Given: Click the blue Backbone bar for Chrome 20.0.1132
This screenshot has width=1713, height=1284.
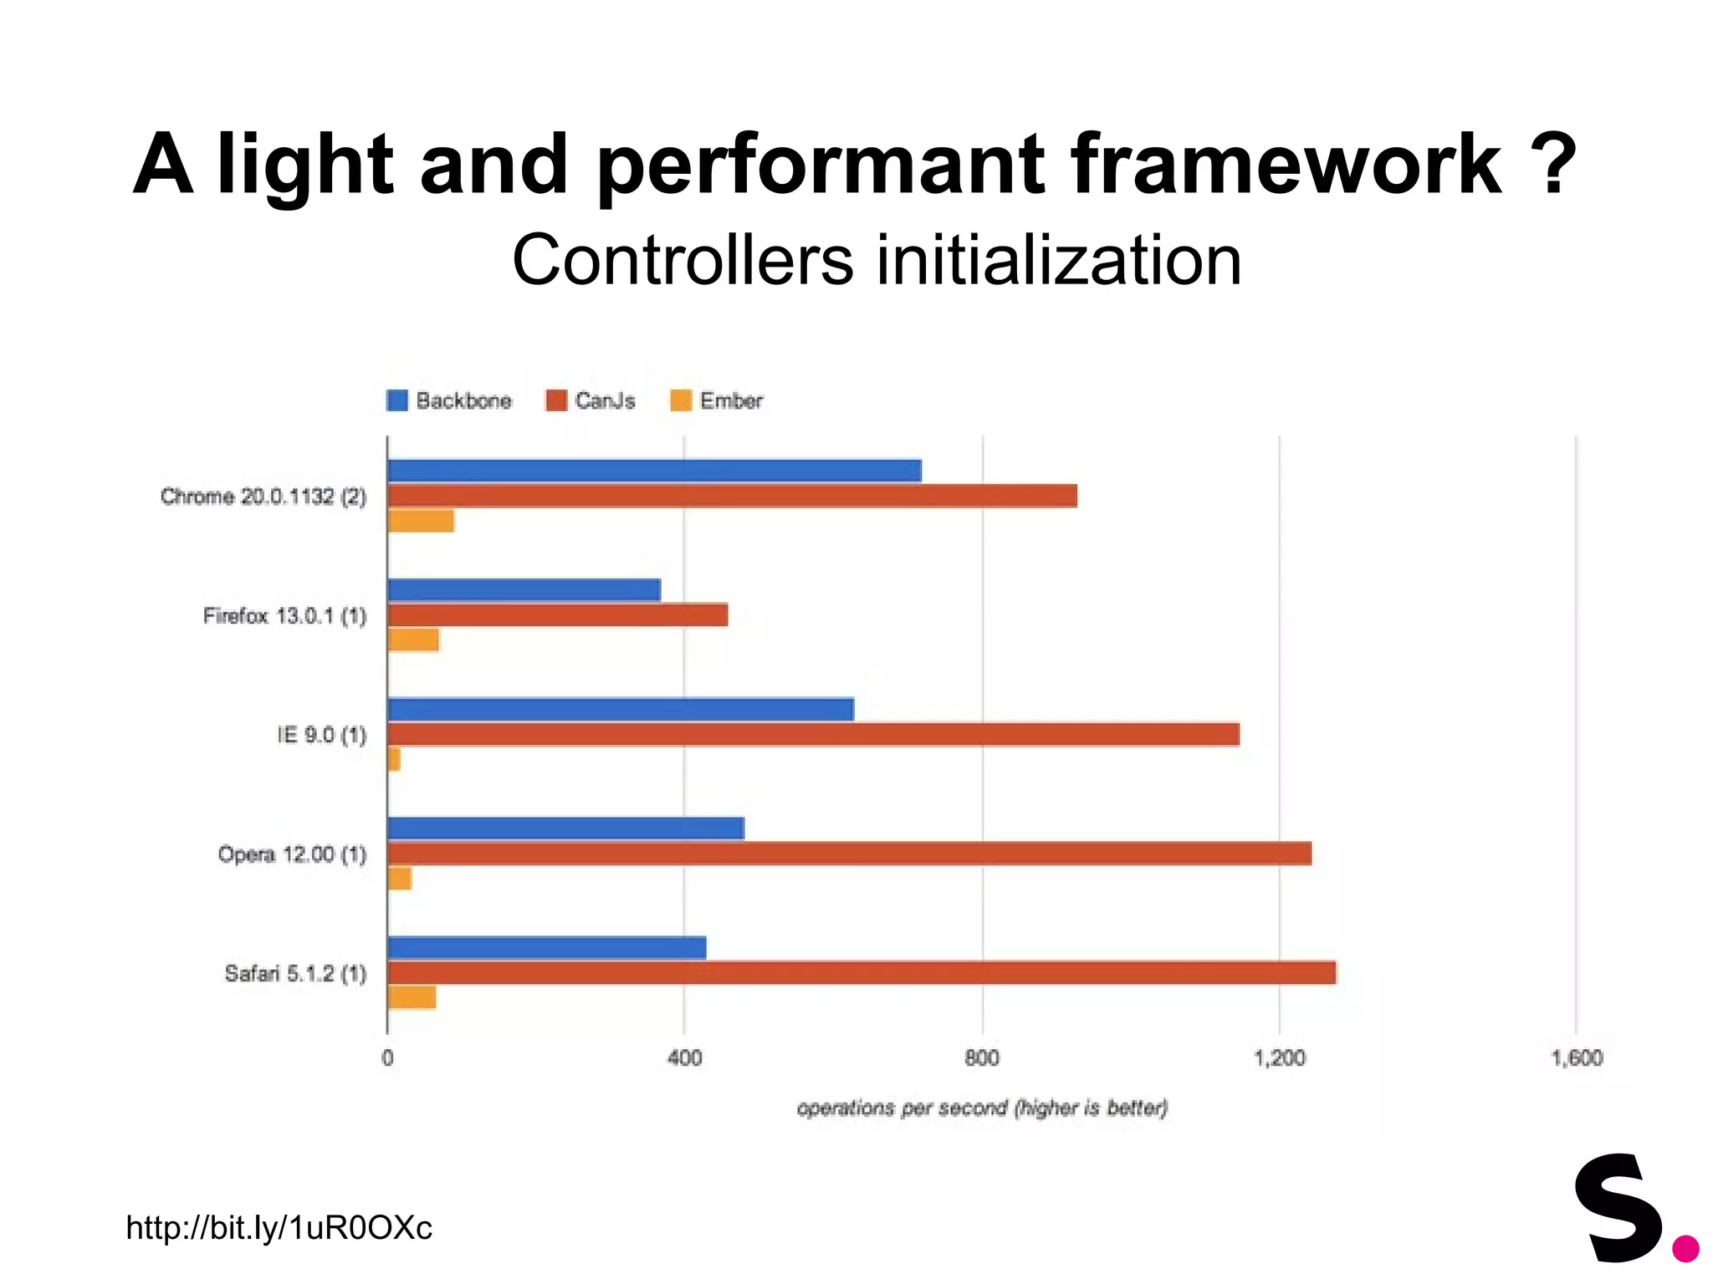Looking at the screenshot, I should pyautogui.click(x=654, y=471).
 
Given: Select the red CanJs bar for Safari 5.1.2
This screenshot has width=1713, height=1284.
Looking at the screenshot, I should pyautogui.click(x=862, y=973).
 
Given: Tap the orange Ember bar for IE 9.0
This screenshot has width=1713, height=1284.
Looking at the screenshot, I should pyautogui.click(x=394, y=760).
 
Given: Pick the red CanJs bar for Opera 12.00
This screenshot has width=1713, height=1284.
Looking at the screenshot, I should pyautogui.click(x=849, y=853).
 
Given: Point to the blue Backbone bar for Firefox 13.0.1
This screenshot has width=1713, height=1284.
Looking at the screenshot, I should pyautogui.click(x=524, y=590).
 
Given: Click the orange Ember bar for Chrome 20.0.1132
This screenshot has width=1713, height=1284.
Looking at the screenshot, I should pyautogui.click(x=421, y=521).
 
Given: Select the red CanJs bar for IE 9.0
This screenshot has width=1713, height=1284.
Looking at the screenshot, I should pyautogui.click(x=813, y=735).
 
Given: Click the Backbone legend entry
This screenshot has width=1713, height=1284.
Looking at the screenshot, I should pyautogui.click(x=450, y=401).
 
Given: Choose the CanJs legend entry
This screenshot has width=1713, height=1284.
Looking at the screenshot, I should pyautogui.click(x=591, y=401).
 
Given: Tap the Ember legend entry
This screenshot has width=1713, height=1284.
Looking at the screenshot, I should pyautogui.click(x=718, y=401).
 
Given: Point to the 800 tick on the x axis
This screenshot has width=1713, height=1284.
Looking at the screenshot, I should pyautogui.click(x=982, y=1058).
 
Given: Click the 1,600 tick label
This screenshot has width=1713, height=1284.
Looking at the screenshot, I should pyautogui.click(x=1577, y=1058).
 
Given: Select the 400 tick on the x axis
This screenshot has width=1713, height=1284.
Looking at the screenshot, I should pyautogui.click(x=684, y=1058).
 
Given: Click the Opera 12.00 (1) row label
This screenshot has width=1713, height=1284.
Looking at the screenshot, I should pyautogui.click(x=292, y=854).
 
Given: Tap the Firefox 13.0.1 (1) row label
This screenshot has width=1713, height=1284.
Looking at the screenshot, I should pyautogui.click(x=284, y=616).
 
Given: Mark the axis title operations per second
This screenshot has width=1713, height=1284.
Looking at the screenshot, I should pyautogui.click(x=982, y=1108).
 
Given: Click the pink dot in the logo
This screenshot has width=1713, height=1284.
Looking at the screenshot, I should pyautogui.click(x=1685, y=1248).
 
